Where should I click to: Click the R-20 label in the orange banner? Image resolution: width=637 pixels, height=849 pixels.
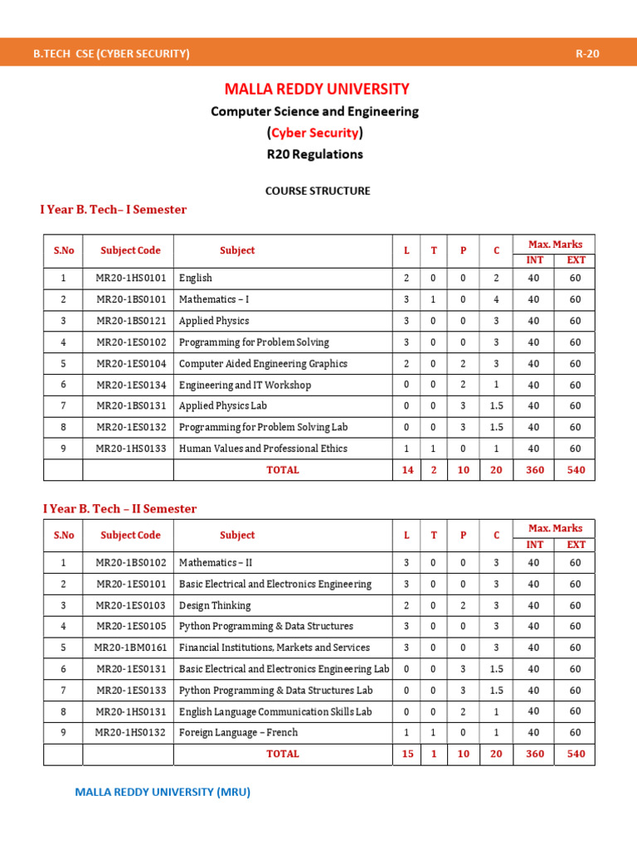587,54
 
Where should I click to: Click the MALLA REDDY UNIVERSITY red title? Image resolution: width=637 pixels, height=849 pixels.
318,89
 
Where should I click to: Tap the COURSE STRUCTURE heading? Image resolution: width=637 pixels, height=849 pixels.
318,191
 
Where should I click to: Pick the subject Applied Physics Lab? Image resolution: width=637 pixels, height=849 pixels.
223,406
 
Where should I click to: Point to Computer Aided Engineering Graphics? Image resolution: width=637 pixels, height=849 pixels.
263,363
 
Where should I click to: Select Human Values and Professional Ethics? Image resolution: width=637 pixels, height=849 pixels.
263,449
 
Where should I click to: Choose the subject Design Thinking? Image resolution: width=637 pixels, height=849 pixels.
215,605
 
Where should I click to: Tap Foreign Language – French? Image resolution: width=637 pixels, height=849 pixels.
238,733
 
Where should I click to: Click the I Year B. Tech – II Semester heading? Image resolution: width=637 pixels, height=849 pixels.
120,508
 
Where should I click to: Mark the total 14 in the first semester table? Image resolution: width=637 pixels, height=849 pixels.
407,470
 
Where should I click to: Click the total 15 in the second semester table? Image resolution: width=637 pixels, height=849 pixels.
407,754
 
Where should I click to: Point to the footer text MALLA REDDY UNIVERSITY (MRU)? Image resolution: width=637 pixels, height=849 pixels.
163,792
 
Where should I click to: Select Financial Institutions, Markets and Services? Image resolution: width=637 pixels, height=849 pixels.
275,648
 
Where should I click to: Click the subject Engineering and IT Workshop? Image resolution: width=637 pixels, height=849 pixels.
245,385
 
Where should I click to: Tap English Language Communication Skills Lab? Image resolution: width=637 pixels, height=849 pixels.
275,711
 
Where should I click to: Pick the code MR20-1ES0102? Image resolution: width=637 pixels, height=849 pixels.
131,342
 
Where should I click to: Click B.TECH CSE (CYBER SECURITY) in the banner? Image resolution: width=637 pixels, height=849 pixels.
111,54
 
